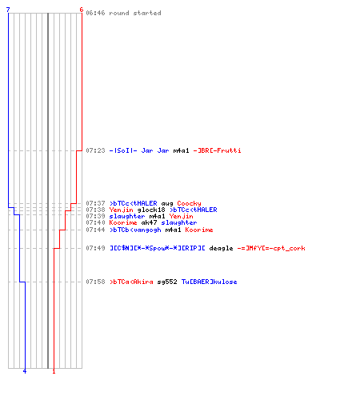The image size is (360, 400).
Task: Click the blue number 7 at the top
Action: [x=8, y=10]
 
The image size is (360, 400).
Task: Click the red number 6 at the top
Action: [x=82, y=10]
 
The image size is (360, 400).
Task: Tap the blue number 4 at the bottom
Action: [x=25, y=371]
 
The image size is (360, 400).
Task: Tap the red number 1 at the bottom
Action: [x=54, y=371]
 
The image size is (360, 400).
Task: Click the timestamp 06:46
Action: [x=95, y=13]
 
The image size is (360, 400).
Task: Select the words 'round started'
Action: [x=135, y=13]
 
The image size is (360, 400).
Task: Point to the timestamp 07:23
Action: [x=95, y=150]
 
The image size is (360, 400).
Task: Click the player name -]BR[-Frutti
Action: [x=217, y=150]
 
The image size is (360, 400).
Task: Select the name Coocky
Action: [x=189, y=204]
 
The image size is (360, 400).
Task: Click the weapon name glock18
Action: [x=151, y=210]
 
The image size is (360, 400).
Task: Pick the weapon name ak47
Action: [x=149, y=222]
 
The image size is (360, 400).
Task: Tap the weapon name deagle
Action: [x=221, y=248]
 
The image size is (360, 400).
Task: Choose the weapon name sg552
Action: [x=167, y=282]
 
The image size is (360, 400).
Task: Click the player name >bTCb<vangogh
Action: [x=135, y=230]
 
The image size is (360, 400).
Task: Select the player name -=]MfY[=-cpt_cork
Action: [x=271, y=248]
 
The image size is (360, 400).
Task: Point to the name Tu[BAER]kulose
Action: [x=209, y=282]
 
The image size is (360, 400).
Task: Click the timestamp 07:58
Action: [x=95, y=282]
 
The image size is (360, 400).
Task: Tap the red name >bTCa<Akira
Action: [x=131, y=282]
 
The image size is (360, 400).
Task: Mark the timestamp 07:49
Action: [x=95, y=248]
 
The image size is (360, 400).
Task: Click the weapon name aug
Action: [x=167, y=204]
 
